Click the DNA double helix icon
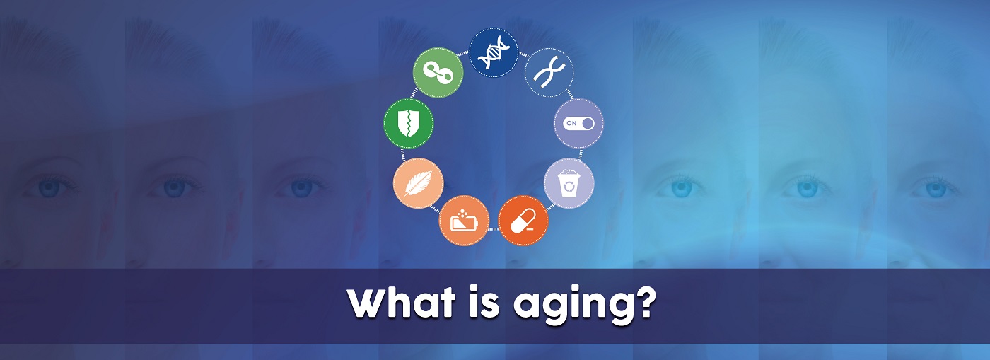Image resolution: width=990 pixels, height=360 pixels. (494, 52)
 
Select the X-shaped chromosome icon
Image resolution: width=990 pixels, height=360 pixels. (549, 73)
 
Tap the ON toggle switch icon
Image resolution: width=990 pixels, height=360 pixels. (578, 123)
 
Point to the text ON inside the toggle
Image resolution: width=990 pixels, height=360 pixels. (571, 123)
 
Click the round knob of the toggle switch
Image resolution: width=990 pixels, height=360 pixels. (588, 123)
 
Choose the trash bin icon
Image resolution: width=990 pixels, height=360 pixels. (569, 183)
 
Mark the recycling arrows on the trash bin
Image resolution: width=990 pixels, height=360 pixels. (569, 187)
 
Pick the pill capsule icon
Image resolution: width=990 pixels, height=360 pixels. (523, 220)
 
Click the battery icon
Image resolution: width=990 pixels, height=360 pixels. (464, 220)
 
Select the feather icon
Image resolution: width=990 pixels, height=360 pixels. (418, 182)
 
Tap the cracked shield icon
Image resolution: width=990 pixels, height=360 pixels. (409, 123)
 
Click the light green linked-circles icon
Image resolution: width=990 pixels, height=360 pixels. (438, 73)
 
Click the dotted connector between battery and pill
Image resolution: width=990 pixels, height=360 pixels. (494, 228)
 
